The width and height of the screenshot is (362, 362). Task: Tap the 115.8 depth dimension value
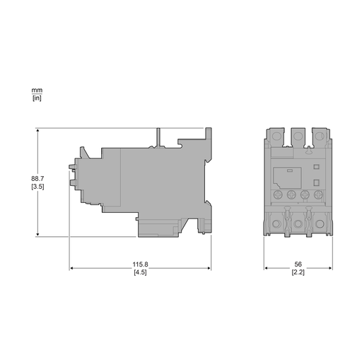click(x=140, y=265)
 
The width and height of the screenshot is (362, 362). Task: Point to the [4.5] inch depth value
click(x=140, y=273)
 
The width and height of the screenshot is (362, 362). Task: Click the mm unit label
click(x=37, y=90)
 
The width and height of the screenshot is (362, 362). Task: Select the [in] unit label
click(x=37, y=98)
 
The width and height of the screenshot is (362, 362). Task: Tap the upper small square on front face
click(x=316, y=168)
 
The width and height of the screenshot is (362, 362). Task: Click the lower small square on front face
click(x=316, y=181)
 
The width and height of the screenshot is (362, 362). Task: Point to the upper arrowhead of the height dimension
click(x=37, y=132)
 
